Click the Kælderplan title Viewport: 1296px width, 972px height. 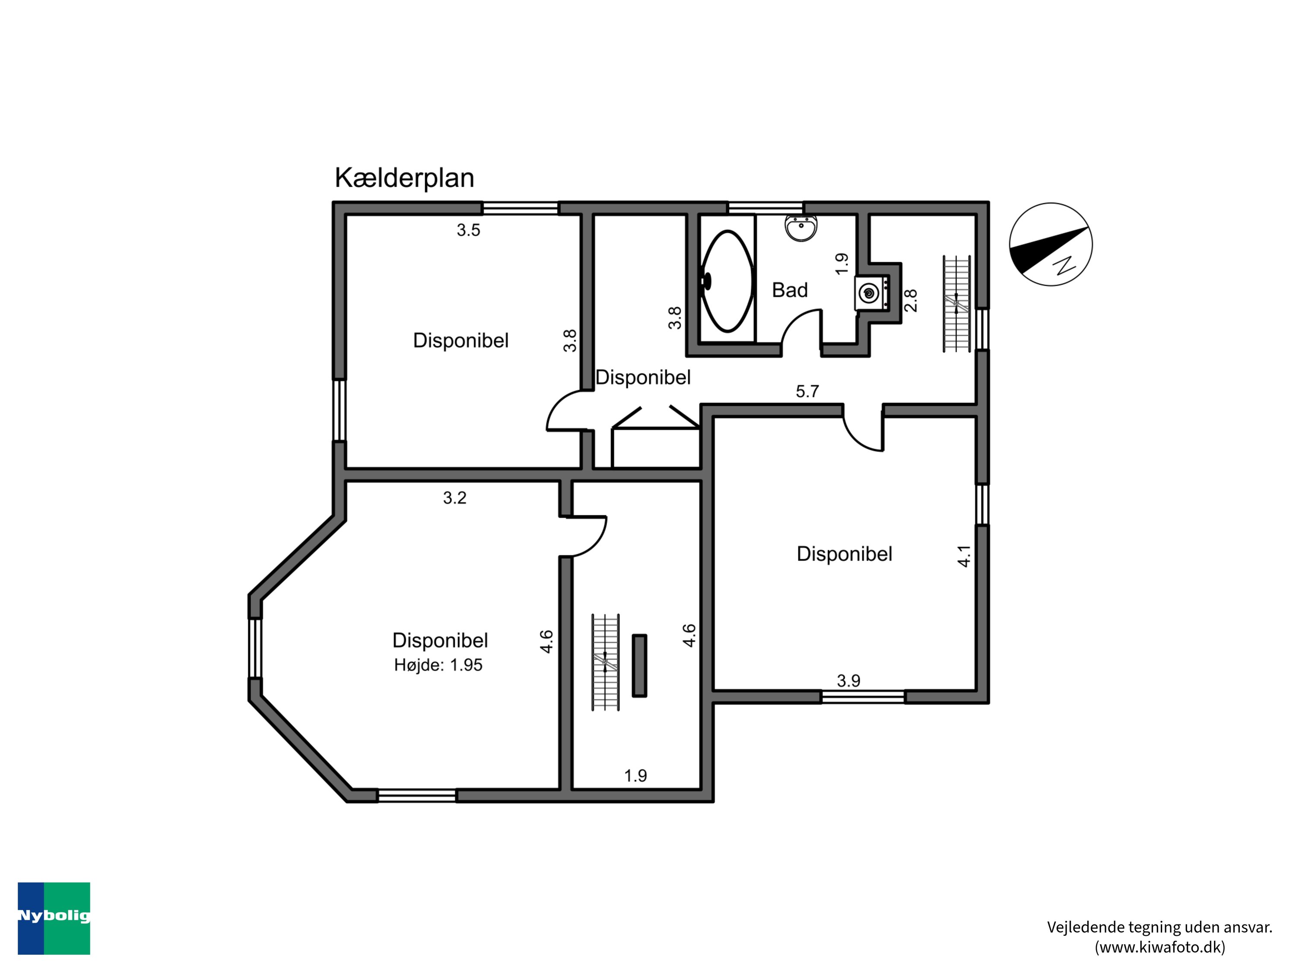404,178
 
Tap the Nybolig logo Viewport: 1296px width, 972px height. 54,918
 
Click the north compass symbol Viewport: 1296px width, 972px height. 1051,245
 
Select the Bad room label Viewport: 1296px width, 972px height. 789,290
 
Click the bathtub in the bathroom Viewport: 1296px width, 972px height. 727,281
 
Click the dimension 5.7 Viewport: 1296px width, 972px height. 807,391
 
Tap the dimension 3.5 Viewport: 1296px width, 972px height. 468,230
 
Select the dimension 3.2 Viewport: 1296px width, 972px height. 454,498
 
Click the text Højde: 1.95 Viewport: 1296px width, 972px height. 438,665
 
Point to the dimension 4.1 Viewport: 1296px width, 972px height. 964,556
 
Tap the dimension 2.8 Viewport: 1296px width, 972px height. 911,301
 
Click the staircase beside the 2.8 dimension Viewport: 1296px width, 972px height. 956,304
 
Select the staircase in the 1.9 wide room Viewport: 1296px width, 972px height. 605,663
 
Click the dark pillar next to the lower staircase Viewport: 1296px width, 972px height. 639,666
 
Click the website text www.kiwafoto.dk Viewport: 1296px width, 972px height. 1159,947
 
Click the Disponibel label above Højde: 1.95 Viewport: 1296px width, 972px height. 440,640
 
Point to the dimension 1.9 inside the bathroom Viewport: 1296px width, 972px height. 842,264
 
